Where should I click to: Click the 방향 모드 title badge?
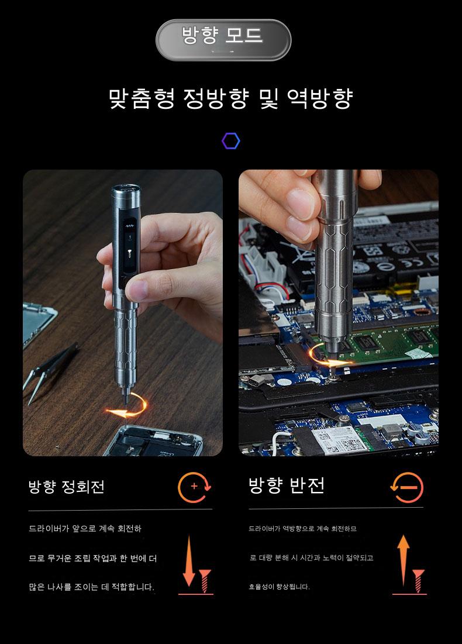click(223, 40)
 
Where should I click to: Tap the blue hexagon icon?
click(231, 141)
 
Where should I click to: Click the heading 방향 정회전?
click(67, 487)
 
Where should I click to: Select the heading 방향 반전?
click(287, 485)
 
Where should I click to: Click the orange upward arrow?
click(404, 560)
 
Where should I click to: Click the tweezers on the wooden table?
click(49, 371)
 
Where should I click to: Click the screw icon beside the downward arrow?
click(205, 581)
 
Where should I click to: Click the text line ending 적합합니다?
click(92, 587)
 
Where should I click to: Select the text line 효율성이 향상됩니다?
click(279, 587)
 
